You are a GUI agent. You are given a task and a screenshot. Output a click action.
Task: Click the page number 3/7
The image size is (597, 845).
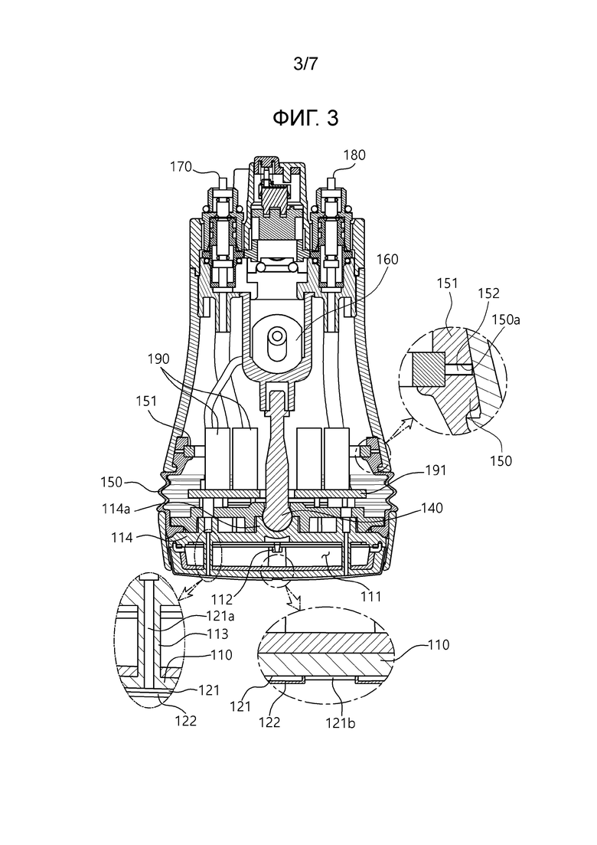(x=305, y=64)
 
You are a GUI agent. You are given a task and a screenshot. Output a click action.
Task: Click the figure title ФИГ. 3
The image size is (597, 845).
(x=305, y=118)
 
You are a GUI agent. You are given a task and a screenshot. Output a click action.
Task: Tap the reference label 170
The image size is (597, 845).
(x=181, y=166)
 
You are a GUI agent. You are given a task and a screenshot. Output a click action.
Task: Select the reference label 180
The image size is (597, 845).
(x=354, y=156)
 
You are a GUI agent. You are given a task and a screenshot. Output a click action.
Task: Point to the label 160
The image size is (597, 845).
(x=387, y=259)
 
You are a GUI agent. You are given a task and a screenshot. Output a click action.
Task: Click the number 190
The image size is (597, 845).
(x=158, y=359)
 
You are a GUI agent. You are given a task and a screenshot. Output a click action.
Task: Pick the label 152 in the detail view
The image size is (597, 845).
(x=488, y=293)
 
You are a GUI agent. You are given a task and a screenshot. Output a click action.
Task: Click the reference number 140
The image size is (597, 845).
(x=432, y=508)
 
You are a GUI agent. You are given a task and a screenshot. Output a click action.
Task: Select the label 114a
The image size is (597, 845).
(x=117, y=508)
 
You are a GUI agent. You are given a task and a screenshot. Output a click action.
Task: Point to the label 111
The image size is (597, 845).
(x=371, y=596)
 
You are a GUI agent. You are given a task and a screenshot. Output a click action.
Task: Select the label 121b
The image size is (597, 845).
(x=341, y=722)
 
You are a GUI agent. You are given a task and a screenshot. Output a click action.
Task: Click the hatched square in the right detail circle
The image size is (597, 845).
(x=428, y=369)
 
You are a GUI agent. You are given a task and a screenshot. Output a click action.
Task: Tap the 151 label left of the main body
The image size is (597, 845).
(x=146, y=401)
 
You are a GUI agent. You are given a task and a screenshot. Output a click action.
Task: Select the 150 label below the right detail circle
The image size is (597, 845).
(x=501, y=460)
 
